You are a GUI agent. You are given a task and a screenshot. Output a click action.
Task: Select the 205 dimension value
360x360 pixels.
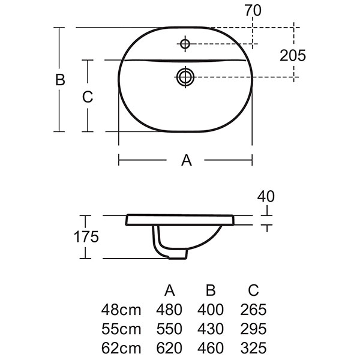click(x=293, y=55)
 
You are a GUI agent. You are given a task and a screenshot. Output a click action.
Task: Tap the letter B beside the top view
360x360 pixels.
click(x=60, y=80)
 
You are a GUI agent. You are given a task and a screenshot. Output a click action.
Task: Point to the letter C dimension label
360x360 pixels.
click(x=88, y=97)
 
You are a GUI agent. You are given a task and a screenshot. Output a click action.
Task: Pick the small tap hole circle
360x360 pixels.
click(x=185, y=43)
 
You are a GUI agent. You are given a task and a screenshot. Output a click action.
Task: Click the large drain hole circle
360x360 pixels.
click(x=184, y=76)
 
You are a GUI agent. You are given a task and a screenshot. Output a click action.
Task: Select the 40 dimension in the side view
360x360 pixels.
click(x=266, y=196)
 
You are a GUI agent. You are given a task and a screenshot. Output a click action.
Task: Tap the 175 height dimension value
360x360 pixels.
click(x=86, y=236)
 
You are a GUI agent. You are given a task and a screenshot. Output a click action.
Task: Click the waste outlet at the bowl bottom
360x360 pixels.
click(x=175, y=254)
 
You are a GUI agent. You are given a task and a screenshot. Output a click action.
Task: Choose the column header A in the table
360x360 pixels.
click(x=170, y=291)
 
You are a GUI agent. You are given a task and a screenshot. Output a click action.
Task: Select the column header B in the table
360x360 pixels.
click(x=211, y=291)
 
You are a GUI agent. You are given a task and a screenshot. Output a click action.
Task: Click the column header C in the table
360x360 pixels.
click(x=253, y=291)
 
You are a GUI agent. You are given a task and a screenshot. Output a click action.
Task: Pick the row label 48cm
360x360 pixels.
click(x=122, y=310)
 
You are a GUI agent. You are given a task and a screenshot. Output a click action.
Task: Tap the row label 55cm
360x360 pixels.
click(x=122, y=329)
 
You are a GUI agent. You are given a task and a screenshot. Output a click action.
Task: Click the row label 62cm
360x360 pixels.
click(x=122, y=348)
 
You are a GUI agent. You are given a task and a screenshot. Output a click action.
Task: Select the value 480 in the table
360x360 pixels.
click(x=170, y=310)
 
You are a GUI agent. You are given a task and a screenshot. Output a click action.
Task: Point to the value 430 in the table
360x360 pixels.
click(x=211, y=329)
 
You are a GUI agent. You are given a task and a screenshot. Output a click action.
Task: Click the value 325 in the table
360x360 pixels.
click(x=253, y=348)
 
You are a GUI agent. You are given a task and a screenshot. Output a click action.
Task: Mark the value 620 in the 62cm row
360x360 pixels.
click(x=170, y=348)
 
